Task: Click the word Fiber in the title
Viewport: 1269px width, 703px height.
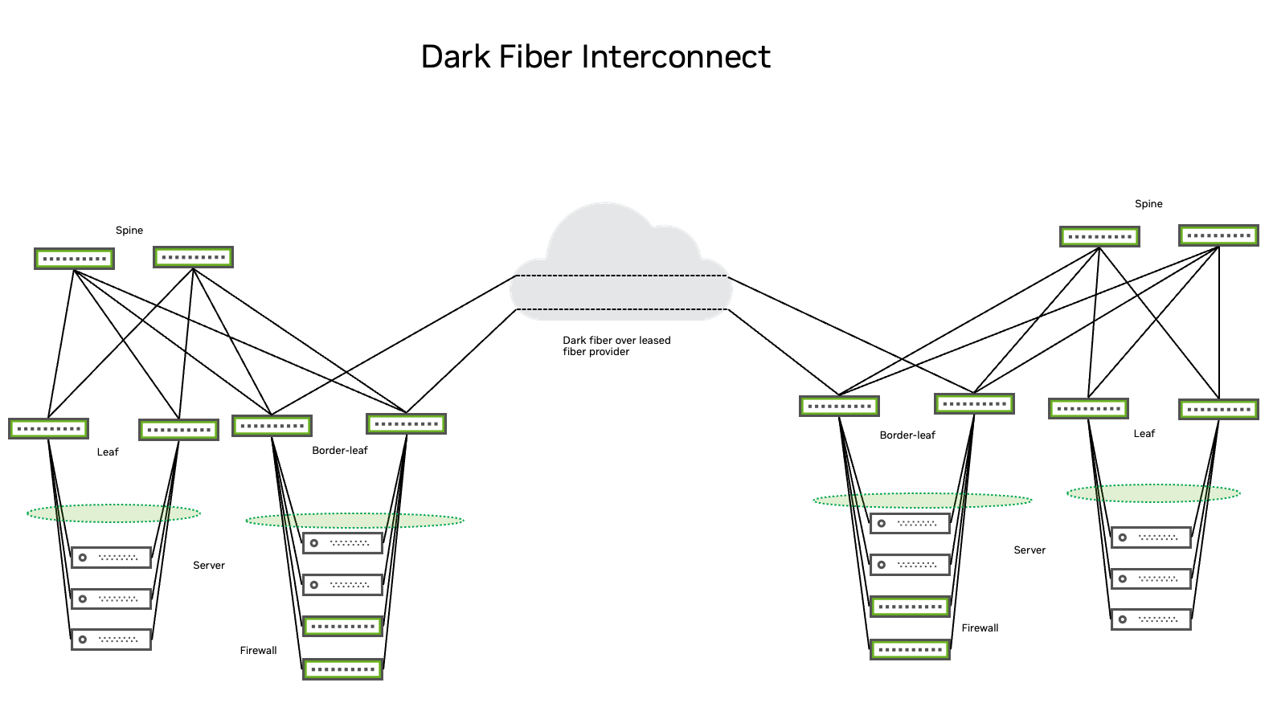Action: [x=534, y=57]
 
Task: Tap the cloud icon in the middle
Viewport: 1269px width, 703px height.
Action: [x=620, y=265]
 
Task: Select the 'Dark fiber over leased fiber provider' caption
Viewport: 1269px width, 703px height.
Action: [x=616, y=346]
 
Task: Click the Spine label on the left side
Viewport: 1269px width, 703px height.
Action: [x=129, y=231]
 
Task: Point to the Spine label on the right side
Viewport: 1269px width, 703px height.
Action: [x=1148, y=204]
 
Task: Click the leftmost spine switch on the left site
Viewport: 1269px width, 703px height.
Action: [x=74, y=259]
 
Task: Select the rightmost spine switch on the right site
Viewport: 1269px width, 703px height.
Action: [x=1218, y=235]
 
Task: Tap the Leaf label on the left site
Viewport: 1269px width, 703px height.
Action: [x=108, y=452]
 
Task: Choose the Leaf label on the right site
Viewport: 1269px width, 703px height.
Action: [x=1144, y=434]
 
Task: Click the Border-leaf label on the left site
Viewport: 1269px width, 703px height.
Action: [x=339, y=451]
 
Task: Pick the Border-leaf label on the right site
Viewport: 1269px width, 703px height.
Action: [x=907, y=435]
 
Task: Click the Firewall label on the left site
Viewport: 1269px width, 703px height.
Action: [x=258, y=651]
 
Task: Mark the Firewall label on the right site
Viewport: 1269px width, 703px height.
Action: [x=980, y=628]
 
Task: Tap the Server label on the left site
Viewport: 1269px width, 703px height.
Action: [x=209, y=566]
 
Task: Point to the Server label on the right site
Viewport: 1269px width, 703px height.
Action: [x=1030, y=550]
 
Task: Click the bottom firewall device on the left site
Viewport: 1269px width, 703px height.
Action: [x=342, y=669]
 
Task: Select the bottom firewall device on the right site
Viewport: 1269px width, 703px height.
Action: [x=910, y=649]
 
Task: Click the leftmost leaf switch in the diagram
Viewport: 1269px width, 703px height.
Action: [x=48, y=428]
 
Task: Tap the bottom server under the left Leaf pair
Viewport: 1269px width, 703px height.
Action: [x=111, y=640]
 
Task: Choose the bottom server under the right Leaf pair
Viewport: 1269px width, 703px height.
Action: [x=1151, y=619]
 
